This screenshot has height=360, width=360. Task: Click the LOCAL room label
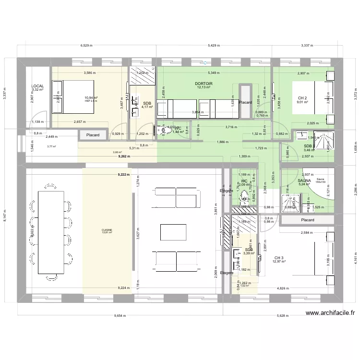[x=37, y=86]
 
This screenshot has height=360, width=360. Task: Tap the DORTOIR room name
[x=204, y=84]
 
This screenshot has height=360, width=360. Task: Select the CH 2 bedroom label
[x=302, y=98]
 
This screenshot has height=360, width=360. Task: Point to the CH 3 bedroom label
[x=279, y=257]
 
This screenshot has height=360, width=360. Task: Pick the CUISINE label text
[x=107, y=230]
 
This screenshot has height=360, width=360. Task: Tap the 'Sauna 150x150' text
[x=320, y=180]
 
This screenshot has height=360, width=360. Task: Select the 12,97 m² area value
[x=279, y=262]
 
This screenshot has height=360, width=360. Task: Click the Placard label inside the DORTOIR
[x=246, y=102]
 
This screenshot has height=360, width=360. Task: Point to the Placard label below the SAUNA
[x=308, y=220]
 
